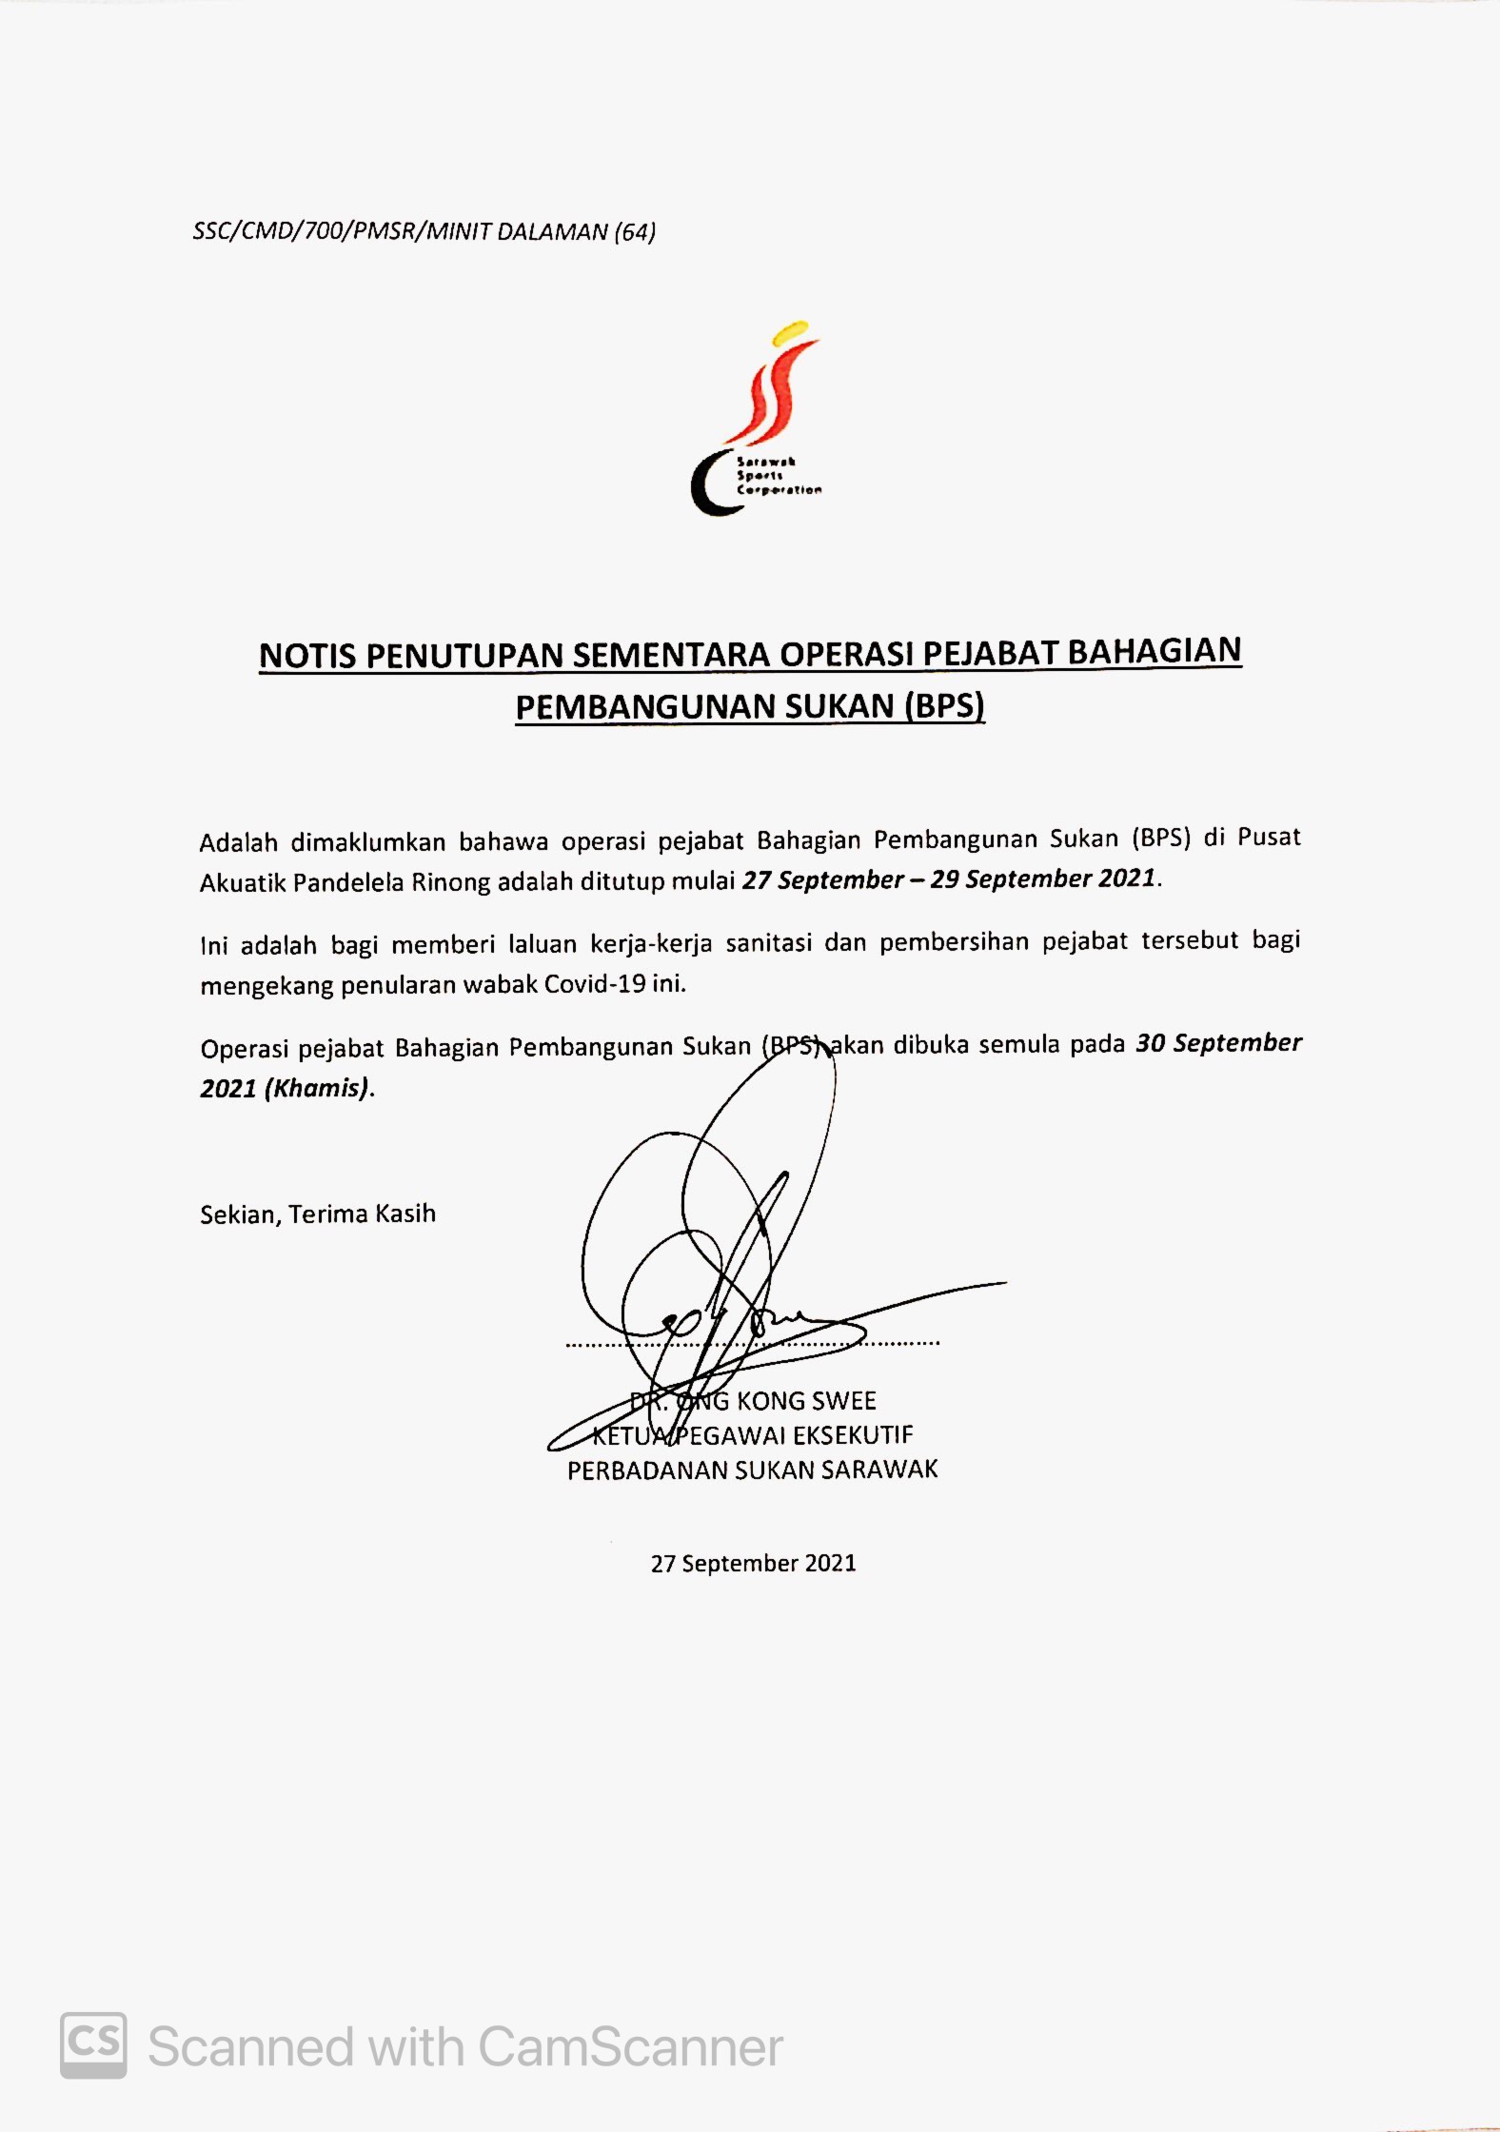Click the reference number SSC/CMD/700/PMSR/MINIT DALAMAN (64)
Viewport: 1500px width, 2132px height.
(x=424, y=231)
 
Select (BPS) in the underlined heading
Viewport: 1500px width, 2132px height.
(x=944, y=705)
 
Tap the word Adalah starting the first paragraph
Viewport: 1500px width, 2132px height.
(x=238, y=842)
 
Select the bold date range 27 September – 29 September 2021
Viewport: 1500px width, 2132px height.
(x=949, y=878)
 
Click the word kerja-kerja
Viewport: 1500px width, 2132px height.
(x=651, y=943)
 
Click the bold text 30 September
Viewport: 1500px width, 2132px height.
(x=1218, y=1043)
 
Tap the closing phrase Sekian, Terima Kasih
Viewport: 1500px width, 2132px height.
(x=318, y=1214)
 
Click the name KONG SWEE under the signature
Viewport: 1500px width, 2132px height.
(x=805, y=1400)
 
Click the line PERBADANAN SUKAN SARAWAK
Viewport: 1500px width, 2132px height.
(x=752, y=1470)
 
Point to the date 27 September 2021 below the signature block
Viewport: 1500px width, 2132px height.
(x=753, y=1563)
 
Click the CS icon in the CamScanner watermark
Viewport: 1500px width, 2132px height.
(x=93, y=2044)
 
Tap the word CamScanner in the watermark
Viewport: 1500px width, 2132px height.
(x=629, y=2046)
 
